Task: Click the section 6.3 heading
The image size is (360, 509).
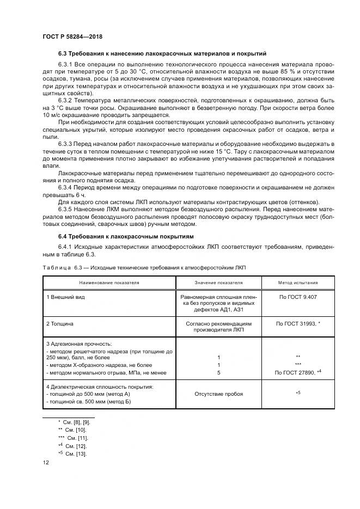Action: [x=162, y=54]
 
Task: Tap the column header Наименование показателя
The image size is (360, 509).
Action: [x=109, y=283]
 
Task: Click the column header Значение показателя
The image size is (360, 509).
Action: [x=218, y=283]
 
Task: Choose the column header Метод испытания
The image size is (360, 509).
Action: [x=298, y=283]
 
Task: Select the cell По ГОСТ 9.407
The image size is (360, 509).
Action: [x=298, y=297]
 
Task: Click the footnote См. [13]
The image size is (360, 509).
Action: [x=74, y=454]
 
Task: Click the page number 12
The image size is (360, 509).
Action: [x=46, y=463]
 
